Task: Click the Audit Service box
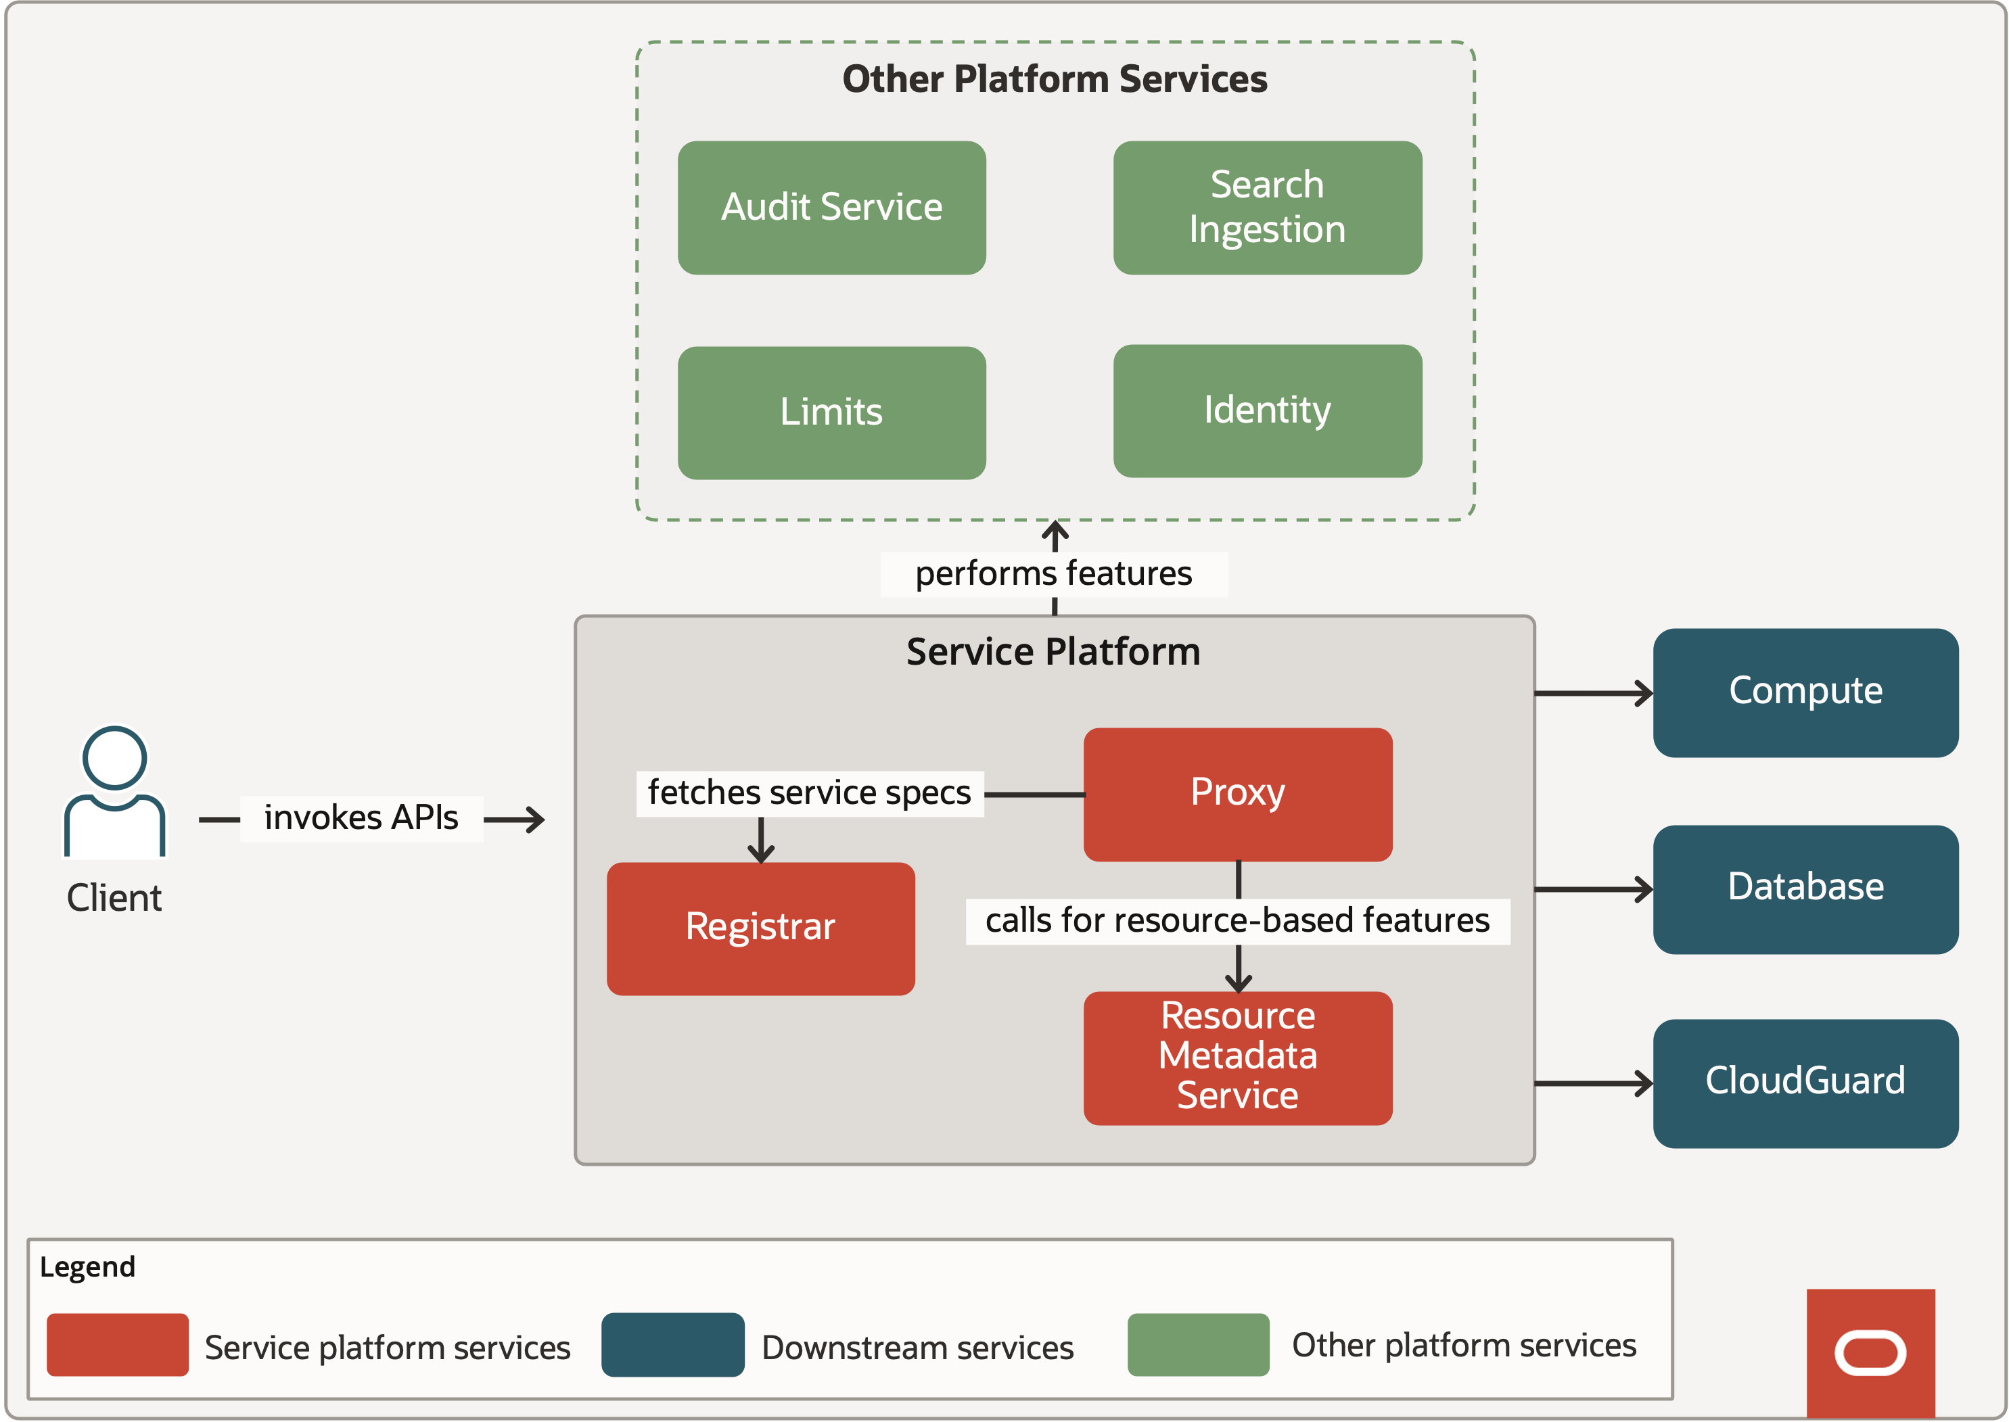point(831,208)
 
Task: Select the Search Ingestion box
point(1266,208)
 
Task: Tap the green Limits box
point(831,412)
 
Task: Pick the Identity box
point(1266,410)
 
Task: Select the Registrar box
point(760,928)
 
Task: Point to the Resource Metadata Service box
point(1237,1057)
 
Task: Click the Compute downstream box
point(1804,692)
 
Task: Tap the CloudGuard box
point(1804,1083)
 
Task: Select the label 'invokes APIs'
point(361,817)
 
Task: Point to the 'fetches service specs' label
point(809,793)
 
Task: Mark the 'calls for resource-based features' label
point(1237,921)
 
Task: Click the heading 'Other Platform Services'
point(1054,80)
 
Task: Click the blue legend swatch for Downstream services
point(672,1344)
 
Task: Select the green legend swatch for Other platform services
point(1197,1344)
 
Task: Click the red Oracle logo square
point(1870,1353)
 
